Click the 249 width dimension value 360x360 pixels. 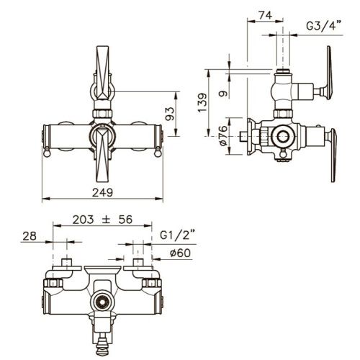coord(102,192)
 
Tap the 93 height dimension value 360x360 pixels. coord(170,114)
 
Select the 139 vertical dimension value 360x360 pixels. coord(202,102)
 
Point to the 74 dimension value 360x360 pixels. coord(266,15)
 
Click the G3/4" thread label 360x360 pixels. coord(323,26)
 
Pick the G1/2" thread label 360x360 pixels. coord(178,235)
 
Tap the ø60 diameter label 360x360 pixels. coord(180,253)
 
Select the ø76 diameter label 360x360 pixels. coord(223,135)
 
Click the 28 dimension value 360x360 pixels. coord(30,236)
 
